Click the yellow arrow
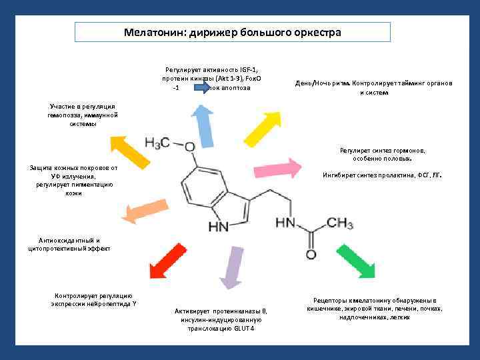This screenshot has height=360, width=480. (131, 150)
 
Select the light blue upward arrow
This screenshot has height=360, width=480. (203, 123)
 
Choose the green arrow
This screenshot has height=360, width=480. (351, 261)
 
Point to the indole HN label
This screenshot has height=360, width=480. (219, 227)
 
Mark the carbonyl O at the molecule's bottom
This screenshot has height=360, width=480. (311, 255)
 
